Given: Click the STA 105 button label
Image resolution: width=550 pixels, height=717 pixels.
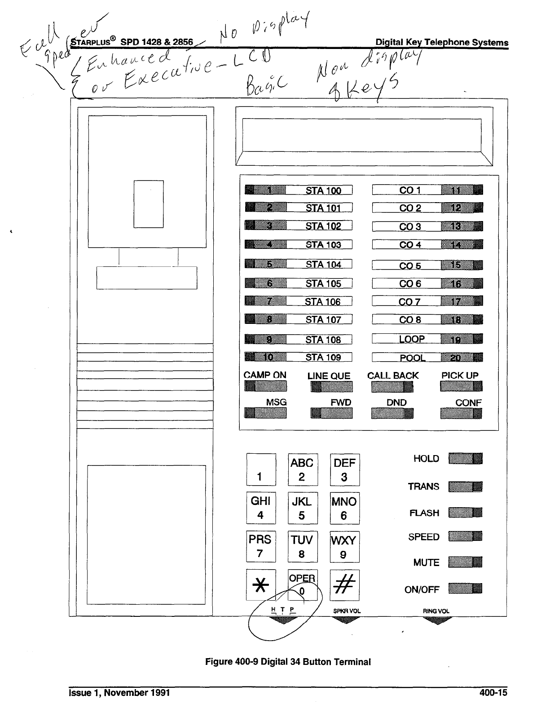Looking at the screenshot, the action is coord(323,283).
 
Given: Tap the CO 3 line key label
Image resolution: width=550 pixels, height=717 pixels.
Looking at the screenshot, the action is coord(410,226).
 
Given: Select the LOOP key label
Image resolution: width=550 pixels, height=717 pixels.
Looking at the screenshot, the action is coord(411,339).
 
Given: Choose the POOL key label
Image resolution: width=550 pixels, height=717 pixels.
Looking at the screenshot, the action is coord(412,358).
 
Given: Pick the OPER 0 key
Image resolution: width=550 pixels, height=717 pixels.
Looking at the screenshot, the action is coord(302,584).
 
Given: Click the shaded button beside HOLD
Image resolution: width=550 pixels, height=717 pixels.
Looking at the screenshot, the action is coord(465,458).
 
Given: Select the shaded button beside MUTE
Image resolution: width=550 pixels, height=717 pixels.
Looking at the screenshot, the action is coord(465,562).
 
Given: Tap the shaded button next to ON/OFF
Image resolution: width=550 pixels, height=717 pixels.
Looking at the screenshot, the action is coord(465,589).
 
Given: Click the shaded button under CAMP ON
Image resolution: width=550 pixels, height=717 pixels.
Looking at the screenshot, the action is coord(265,386).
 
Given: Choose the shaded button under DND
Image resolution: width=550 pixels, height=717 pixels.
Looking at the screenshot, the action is coord(392,413).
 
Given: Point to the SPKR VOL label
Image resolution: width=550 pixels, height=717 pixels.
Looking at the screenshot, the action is coord(347,611).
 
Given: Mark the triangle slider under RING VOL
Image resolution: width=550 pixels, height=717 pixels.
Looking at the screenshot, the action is coord(437,621).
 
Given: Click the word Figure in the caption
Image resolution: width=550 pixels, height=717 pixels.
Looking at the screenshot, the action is coord(218,662).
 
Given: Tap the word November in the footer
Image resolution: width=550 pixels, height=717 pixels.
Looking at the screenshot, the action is coord(128,693).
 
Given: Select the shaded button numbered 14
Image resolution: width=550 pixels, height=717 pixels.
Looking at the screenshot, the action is coord(462,245).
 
